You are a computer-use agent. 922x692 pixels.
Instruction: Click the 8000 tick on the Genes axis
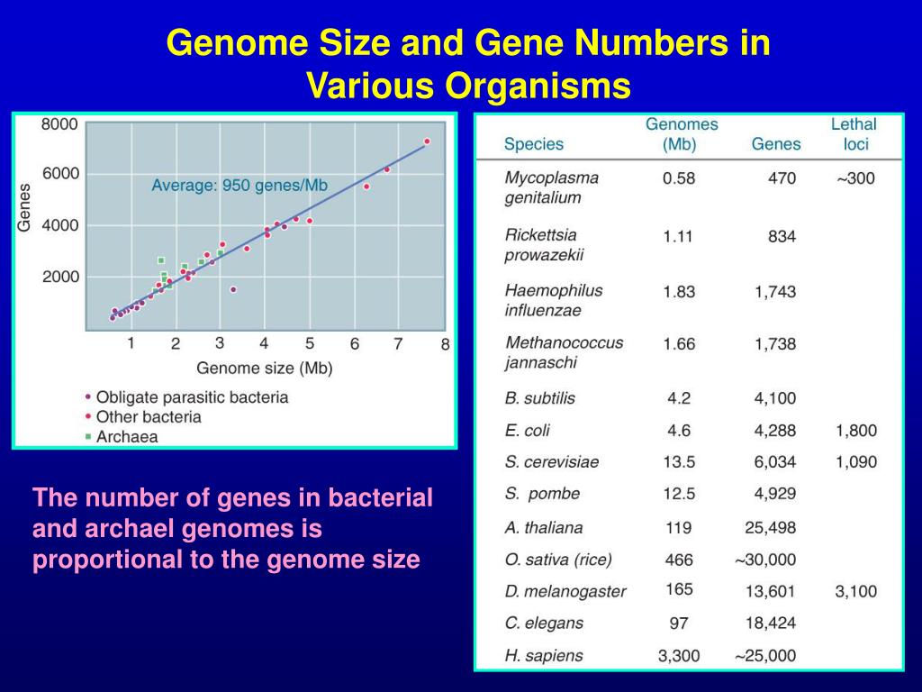click(59, 124)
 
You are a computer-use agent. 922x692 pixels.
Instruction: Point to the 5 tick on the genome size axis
click(309, 343)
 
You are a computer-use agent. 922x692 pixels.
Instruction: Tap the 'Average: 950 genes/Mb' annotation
click(239, 186)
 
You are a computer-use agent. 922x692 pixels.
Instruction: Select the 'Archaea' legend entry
click(126, 437)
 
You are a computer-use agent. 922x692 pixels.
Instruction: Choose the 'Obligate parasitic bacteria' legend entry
click(192, 396)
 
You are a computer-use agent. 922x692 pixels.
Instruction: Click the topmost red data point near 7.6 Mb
click(427, 141)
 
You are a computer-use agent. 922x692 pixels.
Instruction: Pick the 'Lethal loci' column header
click(853, 133)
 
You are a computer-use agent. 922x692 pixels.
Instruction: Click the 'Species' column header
click(533, 144)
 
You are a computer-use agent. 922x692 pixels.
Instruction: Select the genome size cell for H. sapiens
click(679, 656)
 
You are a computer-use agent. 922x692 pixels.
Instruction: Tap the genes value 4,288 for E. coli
click(775, 431)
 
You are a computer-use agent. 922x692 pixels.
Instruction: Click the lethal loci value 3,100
click(855, 591)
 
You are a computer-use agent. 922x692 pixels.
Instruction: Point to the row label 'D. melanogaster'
click(565, 592)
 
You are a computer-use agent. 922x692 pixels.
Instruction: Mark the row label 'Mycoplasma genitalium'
click(551, 187)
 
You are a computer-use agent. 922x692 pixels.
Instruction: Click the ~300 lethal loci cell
click(854, 178)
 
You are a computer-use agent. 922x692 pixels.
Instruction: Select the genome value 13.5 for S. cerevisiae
click(679, 462)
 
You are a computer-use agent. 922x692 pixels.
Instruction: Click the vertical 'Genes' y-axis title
click(24, 207)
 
